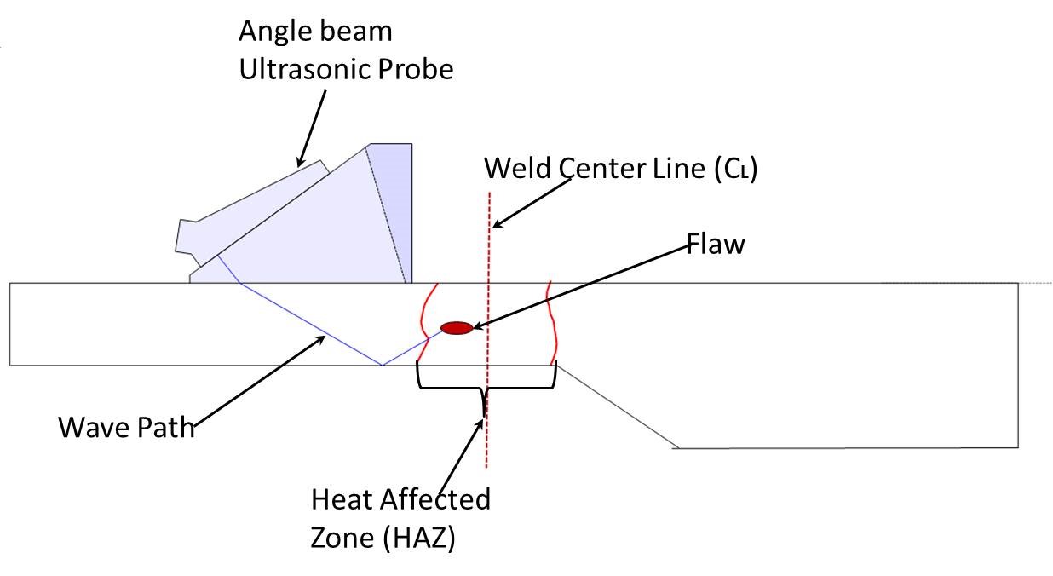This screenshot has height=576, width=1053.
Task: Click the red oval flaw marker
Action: (x=456, y=328)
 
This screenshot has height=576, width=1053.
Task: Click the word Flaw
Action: (x=716, y=245)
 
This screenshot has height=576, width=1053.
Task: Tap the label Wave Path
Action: (x=126, y=426)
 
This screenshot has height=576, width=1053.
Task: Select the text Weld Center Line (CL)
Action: (x=620, y=168)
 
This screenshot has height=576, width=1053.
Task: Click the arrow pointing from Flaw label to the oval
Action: (x=588, y=285)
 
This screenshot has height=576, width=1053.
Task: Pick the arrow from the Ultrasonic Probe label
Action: (x=313, y=128)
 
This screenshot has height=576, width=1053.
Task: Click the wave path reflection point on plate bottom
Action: (x=382, y=365)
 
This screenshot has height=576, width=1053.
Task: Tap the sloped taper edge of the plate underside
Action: (x=615, y=406)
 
